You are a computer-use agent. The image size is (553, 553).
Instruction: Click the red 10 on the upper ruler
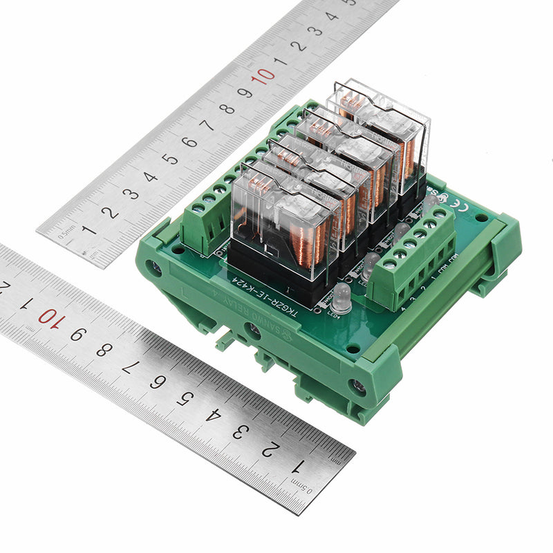[263, 77]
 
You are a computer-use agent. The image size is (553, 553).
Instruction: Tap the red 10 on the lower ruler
[46, 317]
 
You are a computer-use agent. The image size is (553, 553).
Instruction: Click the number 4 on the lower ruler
[212, 416]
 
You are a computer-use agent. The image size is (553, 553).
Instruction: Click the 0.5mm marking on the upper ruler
[66, 235]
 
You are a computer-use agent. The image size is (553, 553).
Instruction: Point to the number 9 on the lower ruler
[74, 334]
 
